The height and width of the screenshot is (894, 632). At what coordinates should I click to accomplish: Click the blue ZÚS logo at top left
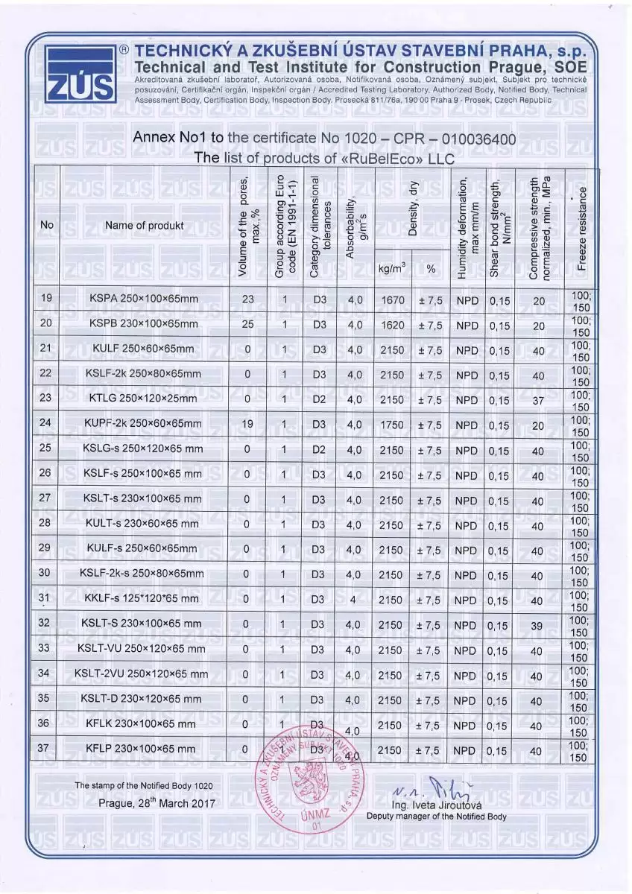tap(80, 73)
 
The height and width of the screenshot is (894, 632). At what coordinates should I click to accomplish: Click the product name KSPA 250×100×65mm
tap(144, 299)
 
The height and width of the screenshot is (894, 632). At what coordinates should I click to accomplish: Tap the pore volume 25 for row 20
tap(248, 325)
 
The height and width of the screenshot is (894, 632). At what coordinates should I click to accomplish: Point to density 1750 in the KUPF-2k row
tap(392, 425)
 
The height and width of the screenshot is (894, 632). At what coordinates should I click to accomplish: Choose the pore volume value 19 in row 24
tap(247, 425)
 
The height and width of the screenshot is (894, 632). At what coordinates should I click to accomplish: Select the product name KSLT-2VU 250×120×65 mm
tap(141, 674)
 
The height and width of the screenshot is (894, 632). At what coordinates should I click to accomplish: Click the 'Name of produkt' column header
tap(144, 225)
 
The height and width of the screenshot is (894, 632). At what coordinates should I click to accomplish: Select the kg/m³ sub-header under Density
tap(392, 268)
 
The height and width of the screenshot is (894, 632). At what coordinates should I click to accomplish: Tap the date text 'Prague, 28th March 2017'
tap(157, 804)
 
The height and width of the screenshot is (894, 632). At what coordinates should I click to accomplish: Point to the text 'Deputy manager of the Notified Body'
tap(437, 817)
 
